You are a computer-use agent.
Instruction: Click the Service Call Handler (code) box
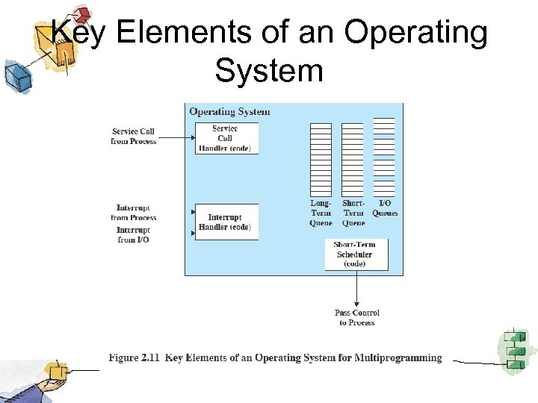(x=226, y=138)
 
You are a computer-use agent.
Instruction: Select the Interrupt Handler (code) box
(x=226, y=222)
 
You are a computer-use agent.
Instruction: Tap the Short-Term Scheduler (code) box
(x=355, y=254)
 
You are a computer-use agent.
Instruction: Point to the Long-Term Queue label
(x=321, y=213)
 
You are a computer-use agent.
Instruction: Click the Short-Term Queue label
(x=353, y=213)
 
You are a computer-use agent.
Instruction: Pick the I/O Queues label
(x=385, y=208)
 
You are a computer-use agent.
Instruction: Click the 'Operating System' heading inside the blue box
(x=229, y=112)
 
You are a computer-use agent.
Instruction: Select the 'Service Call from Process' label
(x=133, y=136)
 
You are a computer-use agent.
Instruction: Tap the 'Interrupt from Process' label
(x=133, y=213)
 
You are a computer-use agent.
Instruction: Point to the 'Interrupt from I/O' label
(x=133, y=235)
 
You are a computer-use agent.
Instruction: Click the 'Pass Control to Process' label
(x=356, y=317)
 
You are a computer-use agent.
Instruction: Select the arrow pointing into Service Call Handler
(x=176, y=137)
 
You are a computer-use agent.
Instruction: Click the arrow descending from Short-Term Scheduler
(x=356, y=287)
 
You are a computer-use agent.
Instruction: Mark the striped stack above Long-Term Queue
(x=321, y=159)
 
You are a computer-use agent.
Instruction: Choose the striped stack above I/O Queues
(x=384, y=157)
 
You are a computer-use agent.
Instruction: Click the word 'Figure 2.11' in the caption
(x=134, y=358)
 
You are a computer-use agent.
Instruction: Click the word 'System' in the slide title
(x=269, y=71)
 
